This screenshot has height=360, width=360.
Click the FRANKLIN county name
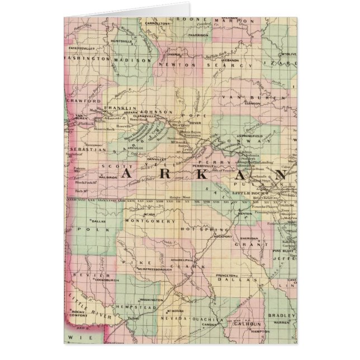point(122,108)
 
